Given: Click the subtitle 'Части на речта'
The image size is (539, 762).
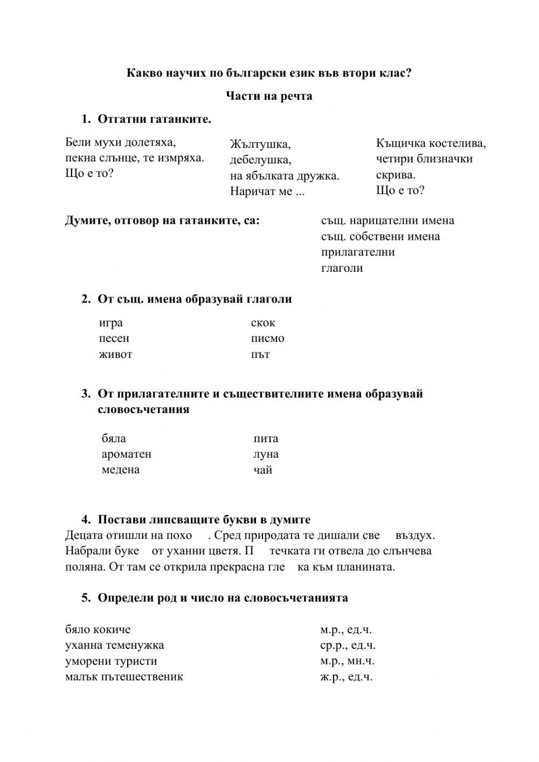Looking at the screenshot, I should click(269, 96).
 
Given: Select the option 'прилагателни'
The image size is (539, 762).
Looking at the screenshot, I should click(358, 252).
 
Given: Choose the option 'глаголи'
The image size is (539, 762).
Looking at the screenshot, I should click(342, 268).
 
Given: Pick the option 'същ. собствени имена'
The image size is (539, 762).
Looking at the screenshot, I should click(381, 236).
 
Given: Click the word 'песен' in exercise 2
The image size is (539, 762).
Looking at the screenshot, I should click(114, 339).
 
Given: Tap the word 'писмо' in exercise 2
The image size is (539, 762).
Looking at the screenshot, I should click(267, 339).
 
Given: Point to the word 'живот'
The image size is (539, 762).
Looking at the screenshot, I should click(115, 354).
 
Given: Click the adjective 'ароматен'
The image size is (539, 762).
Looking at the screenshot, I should click(127, 454).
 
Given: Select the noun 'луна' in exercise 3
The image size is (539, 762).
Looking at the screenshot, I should click(266, 454).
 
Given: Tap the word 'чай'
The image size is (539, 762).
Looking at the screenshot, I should click(262, 470).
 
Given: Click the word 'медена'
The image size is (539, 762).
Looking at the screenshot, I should click(121, 470).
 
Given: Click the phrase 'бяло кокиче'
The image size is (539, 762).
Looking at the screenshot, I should click(98, 629).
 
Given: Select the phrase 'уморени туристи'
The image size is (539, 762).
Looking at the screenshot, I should click(111, 661).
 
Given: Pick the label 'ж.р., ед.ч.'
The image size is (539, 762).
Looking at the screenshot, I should click(346, 677).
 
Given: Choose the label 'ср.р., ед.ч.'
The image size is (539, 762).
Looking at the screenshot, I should click(348, 645).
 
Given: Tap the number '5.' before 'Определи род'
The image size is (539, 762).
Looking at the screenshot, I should click(86, 598).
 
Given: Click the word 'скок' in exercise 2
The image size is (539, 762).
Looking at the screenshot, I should click(263, 323).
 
